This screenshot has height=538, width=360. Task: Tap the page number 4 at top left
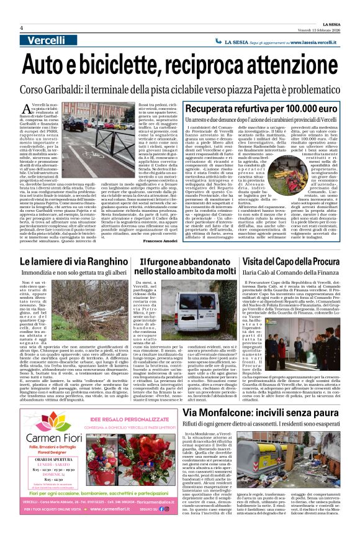pyautogui.click(x=21, y=28)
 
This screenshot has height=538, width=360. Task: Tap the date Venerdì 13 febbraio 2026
pyautogui.click(x=315, y=28)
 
